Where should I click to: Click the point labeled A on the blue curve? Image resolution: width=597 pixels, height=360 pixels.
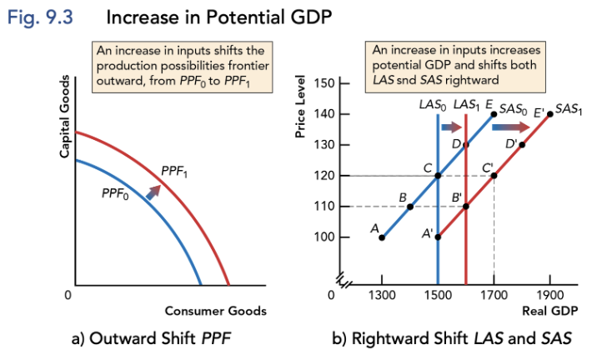coord(382,237)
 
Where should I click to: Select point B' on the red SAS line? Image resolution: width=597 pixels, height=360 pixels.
coord(466,207)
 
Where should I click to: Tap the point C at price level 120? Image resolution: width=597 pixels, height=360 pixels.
coord(438,176)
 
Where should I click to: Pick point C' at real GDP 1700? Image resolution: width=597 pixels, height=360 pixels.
coord(494,176)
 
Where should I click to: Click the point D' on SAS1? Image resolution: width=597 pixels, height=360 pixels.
coord(522,145)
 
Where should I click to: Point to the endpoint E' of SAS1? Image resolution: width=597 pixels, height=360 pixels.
coord(550,114)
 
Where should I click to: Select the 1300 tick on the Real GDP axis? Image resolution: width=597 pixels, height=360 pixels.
coord(382,295)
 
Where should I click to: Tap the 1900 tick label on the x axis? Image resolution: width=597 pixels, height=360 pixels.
coord(549,295)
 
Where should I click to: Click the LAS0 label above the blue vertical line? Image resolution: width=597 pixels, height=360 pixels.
coord(432,106)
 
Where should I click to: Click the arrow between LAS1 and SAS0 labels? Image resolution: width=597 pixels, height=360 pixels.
coord(451,127)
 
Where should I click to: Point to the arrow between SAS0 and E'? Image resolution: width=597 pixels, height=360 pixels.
coord(510,127)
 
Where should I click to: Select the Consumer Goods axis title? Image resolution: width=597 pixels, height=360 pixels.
coord(215,311)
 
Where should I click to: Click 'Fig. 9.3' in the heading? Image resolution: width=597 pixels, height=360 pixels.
coord(40,16)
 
